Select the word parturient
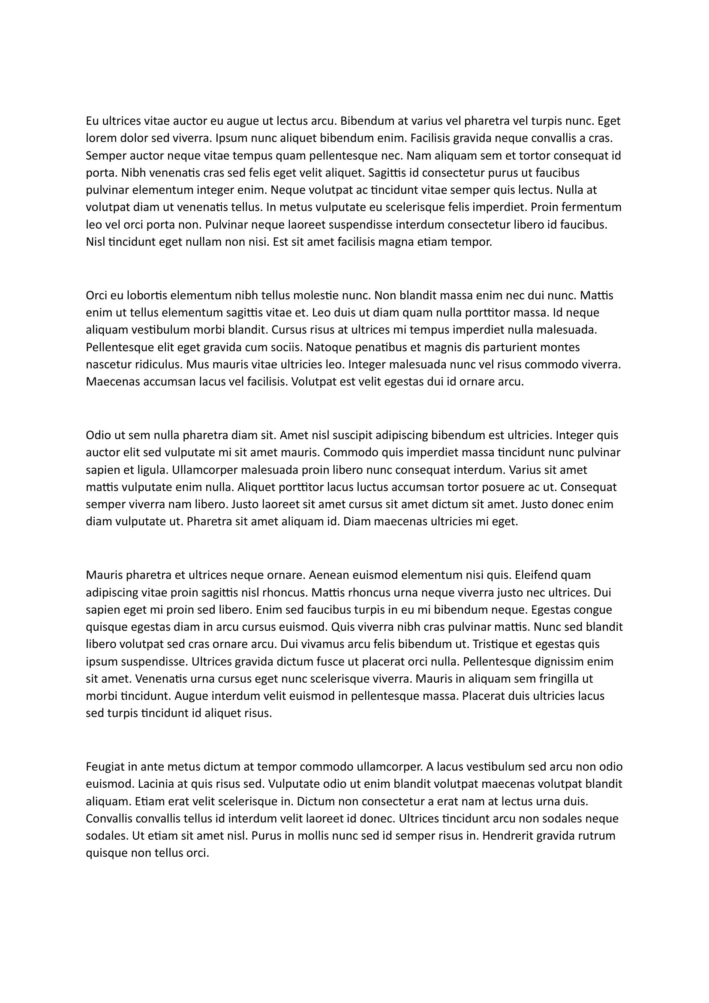507,347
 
